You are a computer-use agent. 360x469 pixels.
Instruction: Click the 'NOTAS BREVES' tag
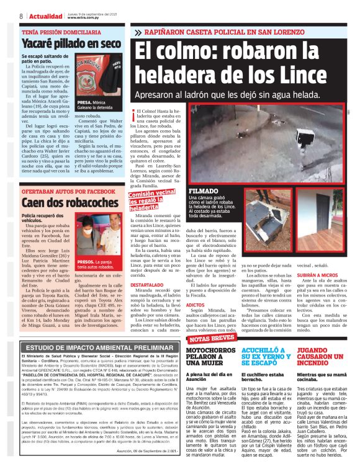(x=213, y=339)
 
